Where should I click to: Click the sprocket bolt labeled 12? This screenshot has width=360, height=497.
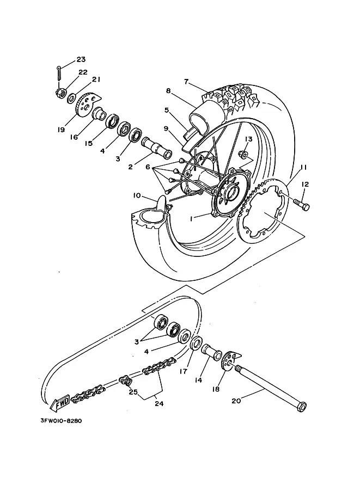click(x=301, y=205)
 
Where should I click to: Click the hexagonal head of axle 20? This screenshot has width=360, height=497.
click(x=302, y=406)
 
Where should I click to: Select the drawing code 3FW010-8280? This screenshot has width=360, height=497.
click(x=61, y=421)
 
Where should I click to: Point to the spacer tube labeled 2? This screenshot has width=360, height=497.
click(x=157, y=149)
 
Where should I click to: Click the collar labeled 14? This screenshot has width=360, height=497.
click(x=212, y=352)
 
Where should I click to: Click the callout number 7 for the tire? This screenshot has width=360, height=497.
click(x=186, y=82)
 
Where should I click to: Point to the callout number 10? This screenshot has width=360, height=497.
click(x=137, y=195)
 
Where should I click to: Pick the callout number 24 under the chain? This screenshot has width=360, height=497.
click(x=159, y=403)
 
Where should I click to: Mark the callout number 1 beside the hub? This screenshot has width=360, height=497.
click(x=192, y=218)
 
